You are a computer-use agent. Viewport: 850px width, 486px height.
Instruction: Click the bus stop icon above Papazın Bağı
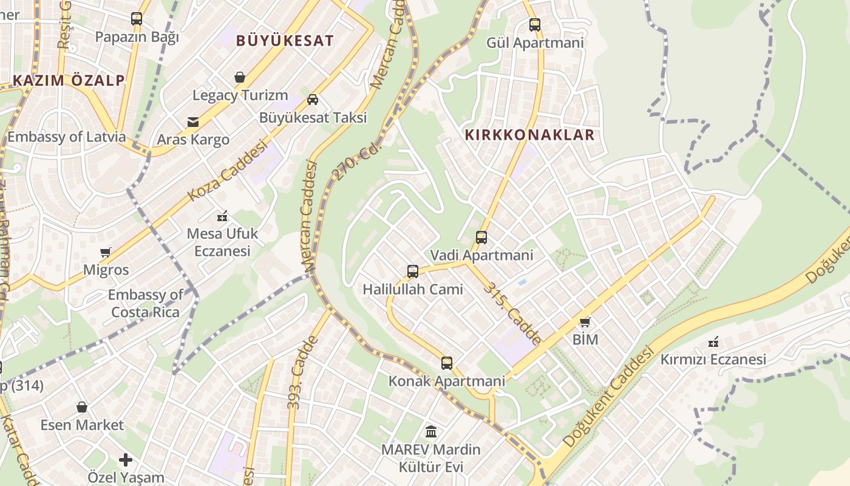coord(137,19)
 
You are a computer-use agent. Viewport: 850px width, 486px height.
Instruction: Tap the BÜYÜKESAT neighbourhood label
coord(285,41)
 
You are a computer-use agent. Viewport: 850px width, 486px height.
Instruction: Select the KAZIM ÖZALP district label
coord(69,80)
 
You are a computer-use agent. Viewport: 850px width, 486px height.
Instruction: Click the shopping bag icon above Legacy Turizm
coord(240,77)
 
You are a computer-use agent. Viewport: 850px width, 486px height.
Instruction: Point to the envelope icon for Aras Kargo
coord(193,122)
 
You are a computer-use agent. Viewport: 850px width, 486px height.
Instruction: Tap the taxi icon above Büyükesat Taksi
coord(313,100)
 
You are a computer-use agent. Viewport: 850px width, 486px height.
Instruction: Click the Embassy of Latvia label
coord(66,137)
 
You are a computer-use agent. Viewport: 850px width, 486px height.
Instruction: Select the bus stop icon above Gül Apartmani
coord(535,25)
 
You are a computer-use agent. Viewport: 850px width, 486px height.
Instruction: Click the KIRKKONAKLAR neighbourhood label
coord(529,135)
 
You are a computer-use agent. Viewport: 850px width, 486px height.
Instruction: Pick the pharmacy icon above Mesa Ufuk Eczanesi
coord(222,216)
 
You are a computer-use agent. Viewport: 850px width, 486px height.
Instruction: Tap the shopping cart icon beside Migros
coord(106,252)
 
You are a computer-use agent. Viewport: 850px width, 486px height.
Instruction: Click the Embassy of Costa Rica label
coord(145,304)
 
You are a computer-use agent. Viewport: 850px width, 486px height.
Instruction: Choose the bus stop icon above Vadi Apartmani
coord(481,238)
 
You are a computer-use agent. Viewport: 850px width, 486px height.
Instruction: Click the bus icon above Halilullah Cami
coord(413,272)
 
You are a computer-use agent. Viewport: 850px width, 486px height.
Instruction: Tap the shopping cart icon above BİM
coord(585,322)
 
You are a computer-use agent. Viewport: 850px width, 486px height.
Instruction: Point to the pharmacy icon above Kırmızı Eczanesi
coord(713,342)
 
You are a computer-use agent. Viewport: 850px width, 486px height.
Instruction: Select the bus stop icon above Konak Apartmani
coord(447,363)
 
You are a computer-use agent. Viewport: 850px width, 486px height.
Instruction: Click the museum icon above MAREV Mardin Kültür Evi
coord(431,432)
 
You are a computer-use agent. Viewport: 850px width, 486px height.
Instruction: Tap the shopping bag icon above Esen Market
coord(82,407)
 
